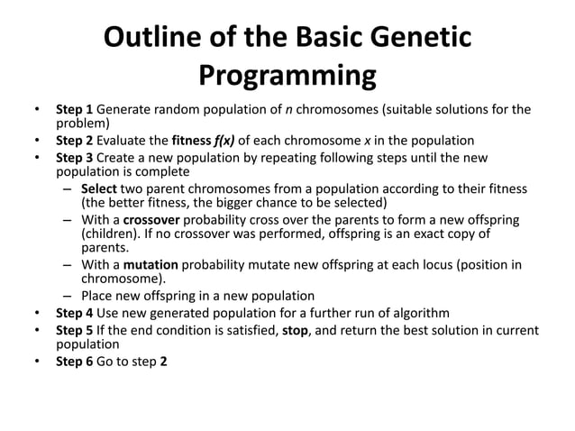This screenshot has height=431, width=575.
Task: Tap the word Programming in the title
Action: [287, 76]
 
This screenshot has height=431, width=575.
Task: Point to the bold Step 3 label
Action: [76, 158]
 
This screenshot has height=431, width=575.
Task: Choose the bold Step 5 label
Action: [76, 330]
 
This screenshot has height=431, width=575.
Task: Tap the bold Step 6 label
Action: [76, 362]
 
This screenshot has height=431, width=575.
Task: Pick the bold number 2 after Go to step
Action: [163, 362]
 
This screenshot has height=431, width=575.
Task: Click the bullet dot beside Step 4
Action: [36, 313]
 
